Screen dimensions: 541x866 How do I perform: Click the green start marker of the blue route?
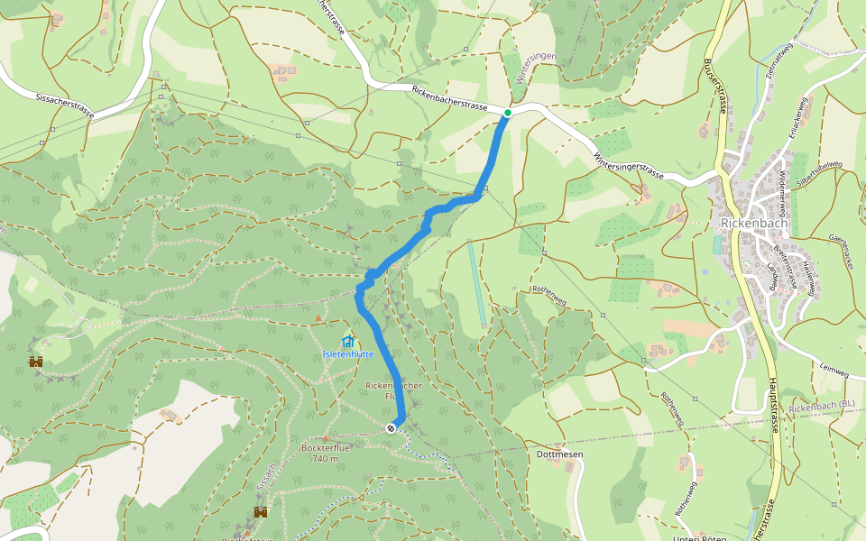(x=508, y=113)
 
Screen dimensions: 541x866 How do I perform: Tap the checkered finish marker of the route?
(x=390, y=428)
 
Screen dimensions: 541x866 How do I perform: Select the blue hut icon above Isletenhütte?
(x=348, y=342)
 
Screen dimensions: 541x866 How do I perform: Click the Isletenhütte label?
(x=348, y=354)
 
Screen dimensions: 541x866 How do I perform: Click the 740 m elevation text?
(x=325, y=459)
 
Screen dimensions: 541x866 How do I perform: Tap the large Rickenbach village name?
(x=755, y=224)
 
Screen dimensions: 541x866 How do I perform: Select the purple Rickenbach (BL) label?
(x=821, y=408)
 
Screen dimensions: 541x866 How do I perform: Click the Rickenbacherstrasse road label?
(x=449, y=99)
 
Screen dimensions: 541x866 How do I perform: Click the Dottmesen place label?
(x=559, y=454)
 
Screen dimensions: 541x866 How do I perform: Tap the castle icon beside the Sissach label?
(x=261, y=512)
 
